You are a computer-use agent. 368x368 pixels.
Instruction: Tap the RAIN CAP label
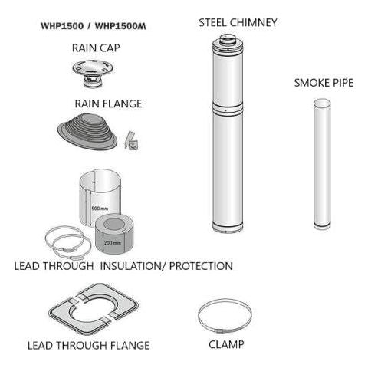[x=96, y=48]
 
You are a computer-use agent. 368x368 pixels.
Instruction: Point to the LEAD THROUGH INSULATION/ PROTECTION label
[x=123, y=267]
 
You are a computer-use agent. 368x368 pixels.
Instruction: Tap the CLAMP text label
[x=226, y=345]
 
